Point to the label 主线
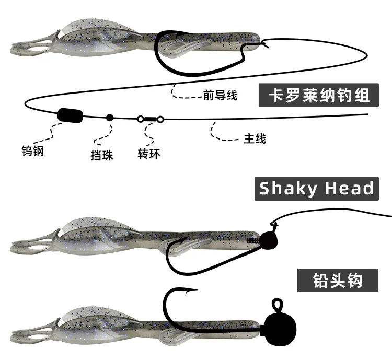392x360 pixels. pos(255,139)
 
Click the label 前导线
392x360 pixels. pos(220,96)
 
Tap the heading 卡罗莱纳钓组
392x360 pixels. pos(318,95)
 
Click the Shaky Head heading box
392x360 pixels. pos(317,188)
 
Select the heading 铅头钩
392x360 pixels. pos(338,281)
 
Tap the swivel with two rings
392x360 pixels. pos(151,119)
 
